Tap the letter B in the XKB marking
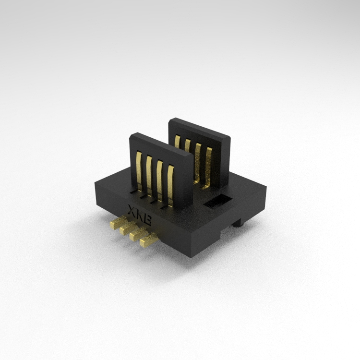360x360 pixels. pyautogui.click(x=147, y=220)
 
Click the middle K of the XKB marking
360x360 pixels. pyautogui.click(x=140, y=216)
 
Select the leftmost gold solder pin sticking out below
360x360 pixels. pyautogui.click(x=118, y=222)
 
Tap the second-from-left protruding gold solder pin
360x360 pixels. pyautogui.click(x=128, y=227)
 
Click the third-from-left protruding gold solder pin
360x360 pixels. pyautogui.click(x=138, y=233)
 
